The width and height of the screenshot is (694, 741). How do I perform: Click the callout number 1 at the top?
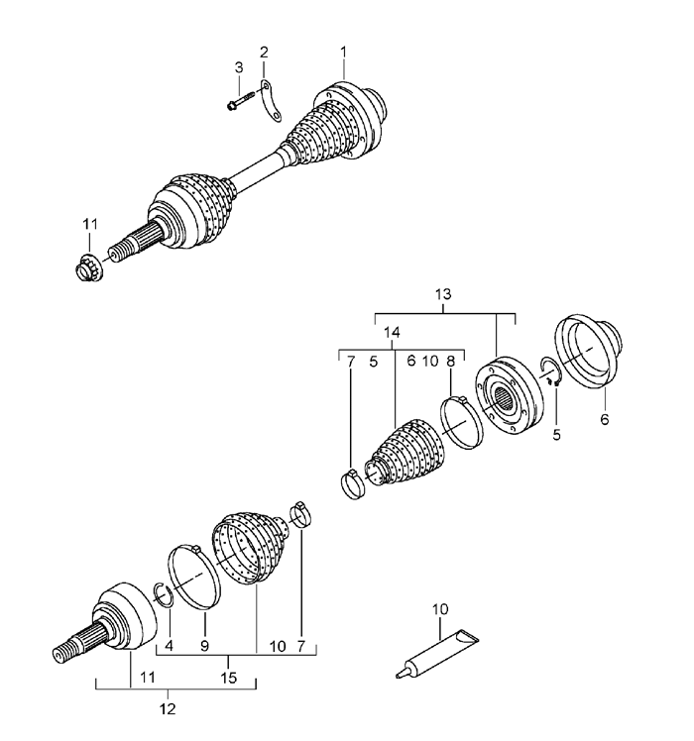click(343, 50)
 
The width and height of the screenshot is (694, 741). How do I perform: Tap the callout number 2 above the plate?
click(264, 51)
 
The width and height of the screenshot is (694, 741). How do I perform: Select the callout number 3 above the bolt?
click(238, 67)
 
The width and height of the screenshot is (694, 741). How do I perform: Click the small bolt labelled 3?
click(241, 100)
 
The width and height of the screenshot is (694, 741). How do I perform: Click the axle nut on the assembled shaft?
click(90, 267)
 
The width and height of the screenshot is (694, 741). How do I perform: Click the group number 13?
click(442, 294)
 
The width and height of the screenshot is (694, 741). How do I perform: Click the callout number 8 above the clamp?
click(450, 363)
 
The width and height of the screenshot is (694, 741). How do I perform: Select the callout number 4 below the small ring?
click(169, 646)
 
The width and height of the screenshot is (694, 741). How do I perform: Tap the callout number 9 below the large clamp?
click(205, 646)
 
